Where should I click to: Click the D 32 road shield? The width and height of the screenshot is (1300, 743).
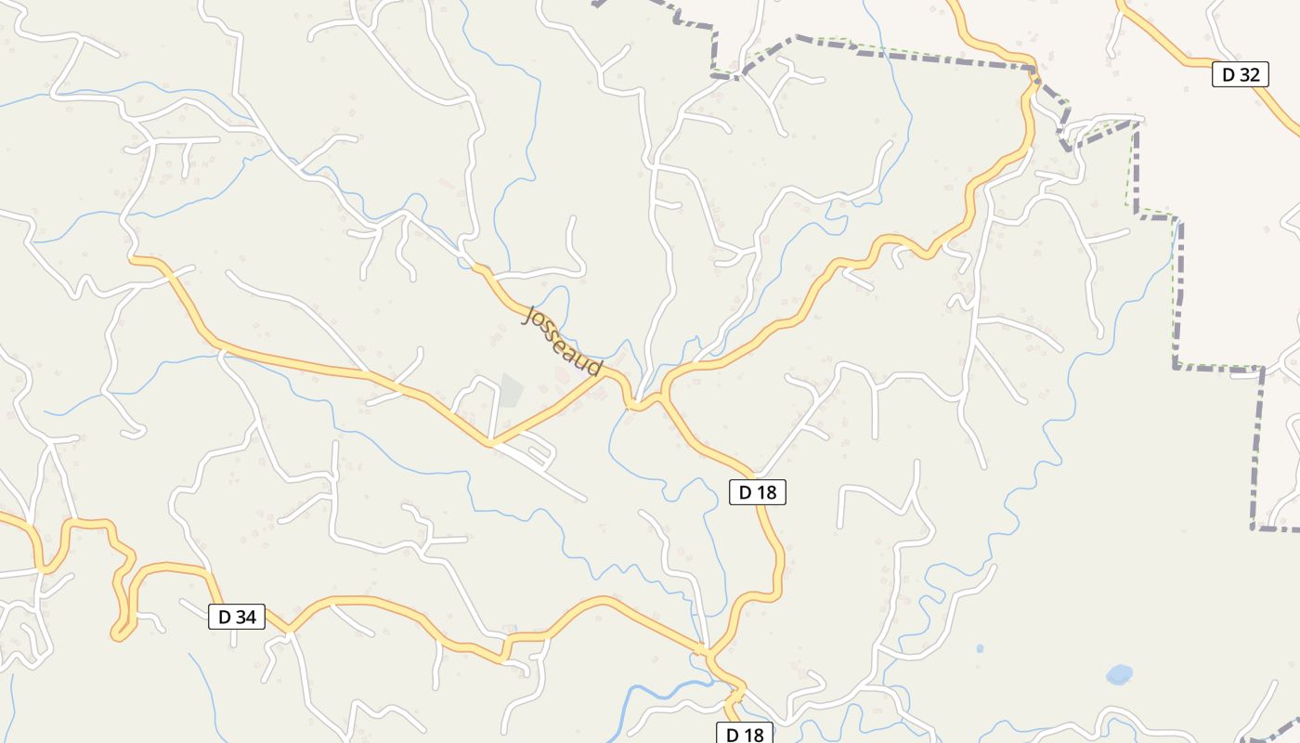1241,75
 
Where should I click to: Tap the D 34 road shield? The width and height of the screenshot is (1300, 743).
236,617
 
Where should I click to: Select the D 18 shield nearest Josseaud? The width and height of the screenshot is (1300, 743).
757,493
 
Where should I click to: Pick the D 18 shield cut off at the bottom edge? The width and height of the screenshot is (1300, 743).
745,734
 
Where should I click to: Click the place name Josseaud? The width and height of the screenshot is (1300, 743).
563,341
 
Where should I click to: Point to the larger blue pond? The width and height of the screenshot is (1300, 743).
1119,673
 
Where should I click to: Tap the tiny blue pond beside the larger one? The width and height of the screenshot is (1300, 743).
980,648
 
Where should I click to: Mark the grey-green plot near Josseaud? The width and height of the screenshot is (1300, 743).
510,390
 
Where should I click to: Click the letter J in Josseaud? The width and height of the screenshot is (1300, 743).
531,315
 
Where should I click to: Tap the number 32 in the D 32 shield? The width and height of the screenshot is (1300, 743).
1248,75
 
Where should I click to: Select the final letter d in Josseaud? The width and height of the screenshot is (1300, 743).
594,368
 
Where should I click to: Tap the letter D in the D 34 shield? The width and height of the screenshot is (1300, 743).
224,617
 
